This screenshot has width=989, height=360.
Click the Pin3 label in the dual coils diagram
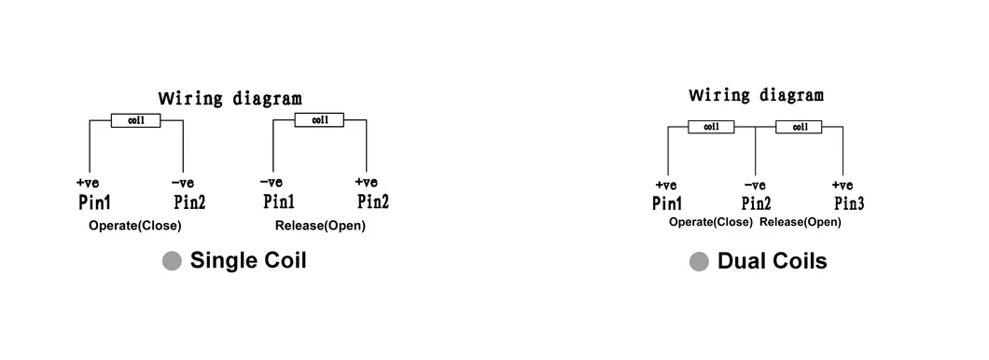pyautogui.click(x=849, y=203)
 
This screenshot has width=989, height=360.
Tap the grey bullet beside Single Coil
pyautogui.click(x=172, y=262)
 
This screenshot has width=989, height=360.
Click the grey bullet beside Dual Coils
pyautogui.click(x=699, y=262)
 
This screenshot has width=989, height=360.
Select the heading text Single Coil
pyautogui.click(x=248, y=261)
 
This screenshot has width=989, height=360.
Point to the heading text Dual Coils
pyautogui.click(x=772, y=261)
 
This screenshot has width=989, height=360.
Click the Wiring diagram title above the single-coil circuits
pyautogui.click(x=230, y=98)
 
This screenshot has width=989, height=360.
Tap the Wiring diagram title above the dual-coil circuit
pyautogui.click(x=756, y=95)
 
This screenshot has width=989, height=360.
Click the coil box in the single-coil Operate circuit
pyautogui.click(x=135, y=120)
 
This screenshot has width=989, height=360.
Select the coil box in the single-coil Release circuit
pyautogui.click(x=319, y=120)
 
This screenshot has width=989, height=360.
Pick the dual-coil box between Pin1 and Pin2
pyautogui.click(x=711, y=127)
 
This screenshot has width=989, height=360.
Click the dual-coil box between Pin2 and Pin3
pyautogui.click(x=800, y=127)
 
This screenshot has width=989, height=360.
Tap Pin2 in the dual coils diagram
pyautogui.click(x=756, y=203)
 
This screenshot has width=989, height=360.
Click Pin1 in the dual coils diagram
pyautogui.click(x=667, y=203)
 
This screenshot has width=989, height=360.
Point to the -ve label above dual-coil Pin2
pyautogui.click(x=755, y=185)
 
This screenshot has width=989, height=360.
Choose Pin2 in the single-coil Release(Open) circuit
pyautogui.click(x=372, y=201)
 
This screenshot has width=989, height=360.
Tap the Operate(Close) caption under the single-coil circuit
pyautogui.click(x=135, y=226)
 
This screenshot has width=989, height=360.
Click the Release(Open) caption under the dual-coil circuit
pyautogui.click(x=800, y=222)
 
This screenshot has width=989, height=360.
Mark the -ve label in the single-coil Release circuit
pyautogui.click(x=272, y=182)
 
